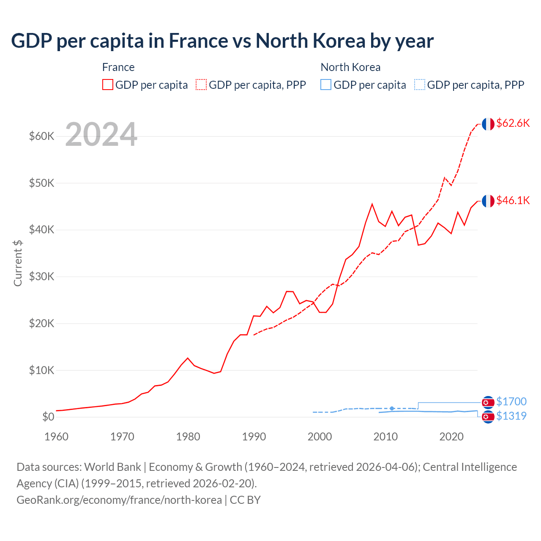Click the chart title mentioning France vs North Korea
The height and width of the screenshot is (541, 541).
(222, 41)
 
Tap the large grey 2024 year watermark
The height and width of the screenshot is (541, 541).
(101, 134)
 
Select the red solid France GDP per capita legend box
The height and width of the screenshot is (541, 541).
(108, 85)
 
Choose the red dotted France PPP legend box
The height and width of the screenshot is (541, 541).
(201, 85)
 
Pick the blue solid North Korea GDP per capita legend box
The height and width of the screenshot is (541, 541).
(326, 85)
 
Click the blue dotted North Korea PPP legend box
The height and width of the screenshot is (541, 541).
(420, 85)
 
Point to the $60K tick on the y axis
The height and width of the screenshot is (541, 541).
(41, 136)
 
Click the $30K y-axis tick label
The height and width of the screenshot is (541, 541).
(41, 276)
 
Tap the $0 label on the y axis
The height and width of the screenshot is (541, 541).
(48, 417)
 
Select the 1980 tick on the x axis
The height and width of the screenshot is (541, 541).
(188, 437)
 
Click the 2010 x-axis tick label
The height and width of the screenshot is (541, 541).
(385, 437)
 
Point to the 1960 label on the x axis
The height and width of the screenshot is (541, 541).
(56, 437)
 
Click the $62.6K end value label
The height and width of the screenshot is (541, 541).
(513, 123)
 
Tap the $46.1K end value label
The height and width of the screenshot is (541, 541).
(513, 200)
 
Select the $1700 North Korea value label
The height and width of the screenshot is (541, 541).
(511, 402)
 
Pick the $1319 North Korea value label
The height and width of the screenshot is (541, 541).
(511, 416)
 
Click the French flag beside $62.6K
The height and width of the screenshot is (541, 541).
(488, 124)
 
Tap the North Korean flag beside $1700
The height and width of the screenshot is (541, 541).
(488, 402)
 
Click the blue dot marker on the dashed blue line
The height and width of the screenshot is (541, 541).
(392, 408)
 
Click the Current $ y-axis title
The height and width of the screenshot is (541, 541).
(18, 263)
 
